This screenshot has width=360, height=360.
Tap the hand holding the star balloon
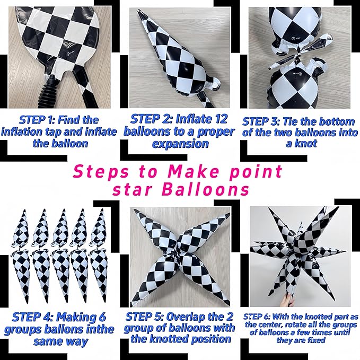pyautogui.click(x=287, y=300)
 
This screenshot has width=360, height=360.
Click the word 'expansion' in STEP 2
pyautogui.click(x=180, y=144)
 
